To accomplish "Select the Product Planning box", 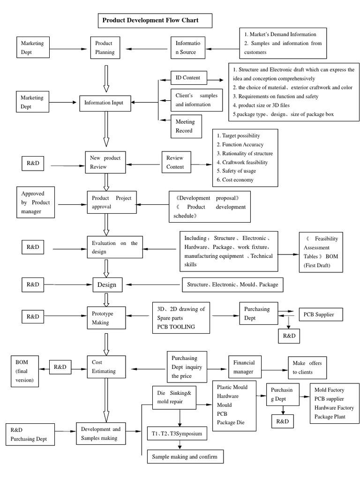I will [x=105, y=47].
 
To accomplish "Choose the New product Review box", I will [x=105, y=162].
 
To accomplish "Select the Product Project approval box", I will [x=111, y=202].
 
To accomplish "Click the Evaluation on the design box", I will [x=114, y=247].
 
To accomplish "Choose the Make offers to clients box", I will [x=307, y=367].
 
